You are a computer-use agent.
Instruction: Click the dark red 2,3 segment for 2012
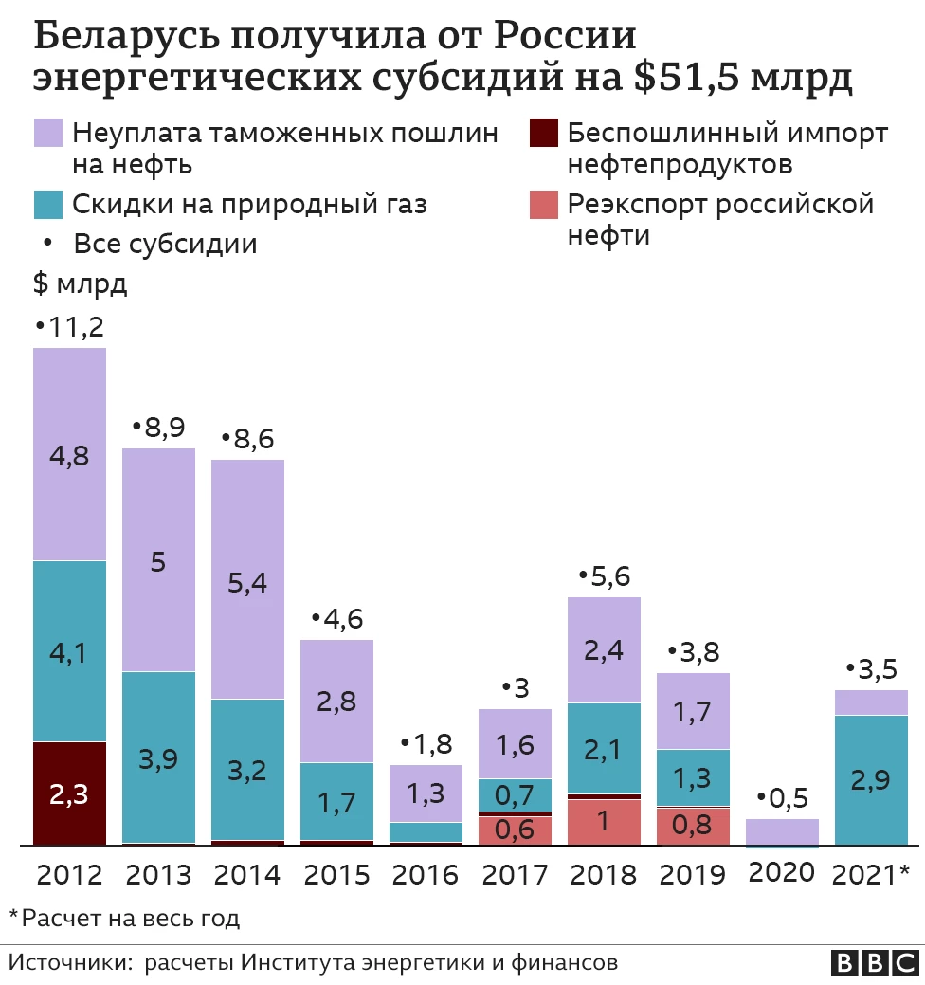69,793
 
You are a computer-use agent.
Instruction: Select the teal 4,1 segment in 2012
69,651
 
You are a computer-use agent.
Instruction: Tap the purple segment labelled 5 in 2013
158,560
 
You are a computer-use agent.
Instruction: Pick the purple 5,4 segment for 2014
247,579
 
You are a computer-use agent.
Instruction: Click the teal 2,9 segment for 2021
871,779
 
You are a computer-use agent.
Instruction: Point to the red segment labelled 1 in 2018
604,821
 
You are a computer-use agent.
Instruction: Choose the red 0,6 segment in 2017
515,830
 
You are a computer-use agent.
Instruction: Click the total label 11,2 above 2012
69,328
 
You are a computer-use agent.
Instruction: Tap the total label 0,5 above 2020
782,799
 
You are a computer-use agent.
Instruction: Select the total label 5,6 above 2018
604,577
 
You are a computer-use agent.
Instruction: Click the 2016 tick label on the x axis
426,874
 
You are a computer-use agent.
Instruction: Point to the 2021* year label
871,874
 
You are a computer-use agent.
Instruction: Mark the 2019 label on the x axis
693,874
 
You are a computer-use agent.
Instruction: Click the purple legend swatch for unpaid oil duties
47,134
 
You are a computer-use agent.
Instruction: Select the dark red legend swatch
543,134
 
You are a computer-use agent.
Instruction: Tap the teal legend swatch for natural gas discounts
47,205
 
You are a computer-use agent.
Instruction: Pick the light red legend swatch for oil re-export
543,205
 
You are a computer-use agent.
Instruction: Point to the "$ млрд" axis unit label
80,283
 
